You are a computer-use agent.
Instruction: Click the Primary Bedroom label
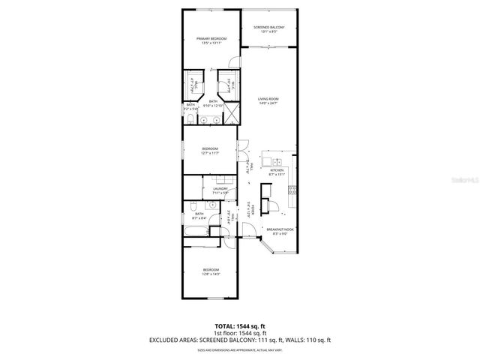click(211, 38)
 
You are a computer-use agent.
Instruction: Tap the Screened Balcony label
click(268, 28)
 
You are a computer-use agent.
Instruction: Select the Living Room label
click(268, 98)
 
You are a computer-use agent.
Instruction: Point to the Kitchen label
click(276, 170)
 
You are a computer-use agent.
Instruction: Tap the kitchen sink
click(277, 162)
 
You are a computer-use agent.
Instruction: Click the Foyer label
click(253, 209)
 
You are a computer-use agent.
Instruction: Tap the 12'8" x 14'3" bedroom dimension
click(211, 274)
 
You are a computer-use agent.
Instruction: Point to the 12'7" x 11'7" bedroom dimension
click(210, 153)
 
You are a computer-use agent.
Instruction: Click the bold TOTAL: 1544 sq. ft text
click(241, 325)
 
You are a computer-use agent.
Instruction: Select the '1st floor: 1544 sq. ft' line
click(241, 333)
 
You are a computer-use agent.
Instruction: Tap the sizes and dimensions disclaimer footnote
click(241, 349)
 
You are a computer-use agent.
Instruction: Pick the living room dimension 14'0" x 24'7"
click(268, 103)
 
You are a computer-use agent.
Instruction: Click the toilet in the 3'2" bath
click(192, 119)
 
